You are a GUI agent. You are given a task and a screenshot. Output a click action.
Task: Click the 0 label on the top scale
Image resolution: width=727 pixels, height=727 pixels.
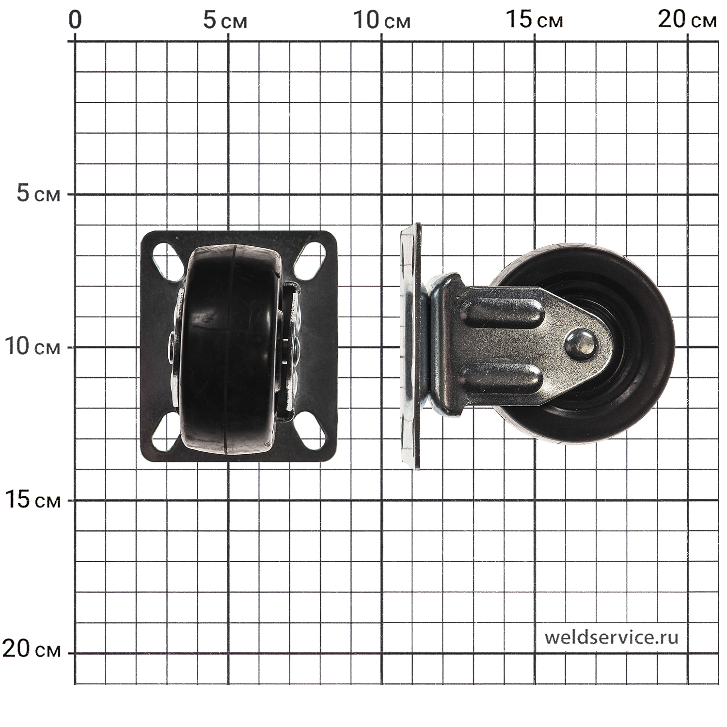click(x=75, y=20)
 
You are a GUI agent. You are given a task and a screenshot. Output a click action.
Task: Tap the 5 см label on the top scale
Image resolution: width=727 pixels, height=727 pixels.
click(x=225, y=20)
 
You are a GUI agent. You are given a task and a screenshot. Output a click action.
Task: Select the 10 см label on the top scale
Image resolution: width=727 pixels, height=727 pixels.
click(x=381, y=20)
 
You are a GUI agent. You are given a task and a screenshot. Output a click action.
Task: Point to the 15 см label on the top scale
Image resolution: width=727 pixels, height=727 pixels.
click(x=535, y=20)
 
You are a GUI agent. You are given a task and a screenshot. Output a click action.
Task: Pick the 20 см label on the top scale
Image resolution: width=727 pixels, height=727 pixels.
click(x=687, y=20)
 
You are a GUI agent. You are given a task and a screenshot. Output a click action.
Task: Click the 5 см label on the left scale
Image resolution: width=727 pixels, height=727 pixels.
click(x=39, y=194)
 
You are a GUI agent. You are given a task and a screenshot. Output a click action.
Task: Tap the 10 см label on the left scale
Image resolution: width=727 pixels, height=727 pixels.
click(x=32, y=347)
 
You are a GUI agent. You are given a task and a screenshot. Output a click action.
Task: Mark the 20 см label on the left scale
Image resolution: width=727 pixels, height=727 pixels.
click(x=32, y=648)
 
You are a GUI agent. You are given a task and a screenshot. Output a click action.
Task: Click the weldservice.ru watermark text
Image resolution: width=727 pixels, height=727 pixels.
click(x=611, y=637)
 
